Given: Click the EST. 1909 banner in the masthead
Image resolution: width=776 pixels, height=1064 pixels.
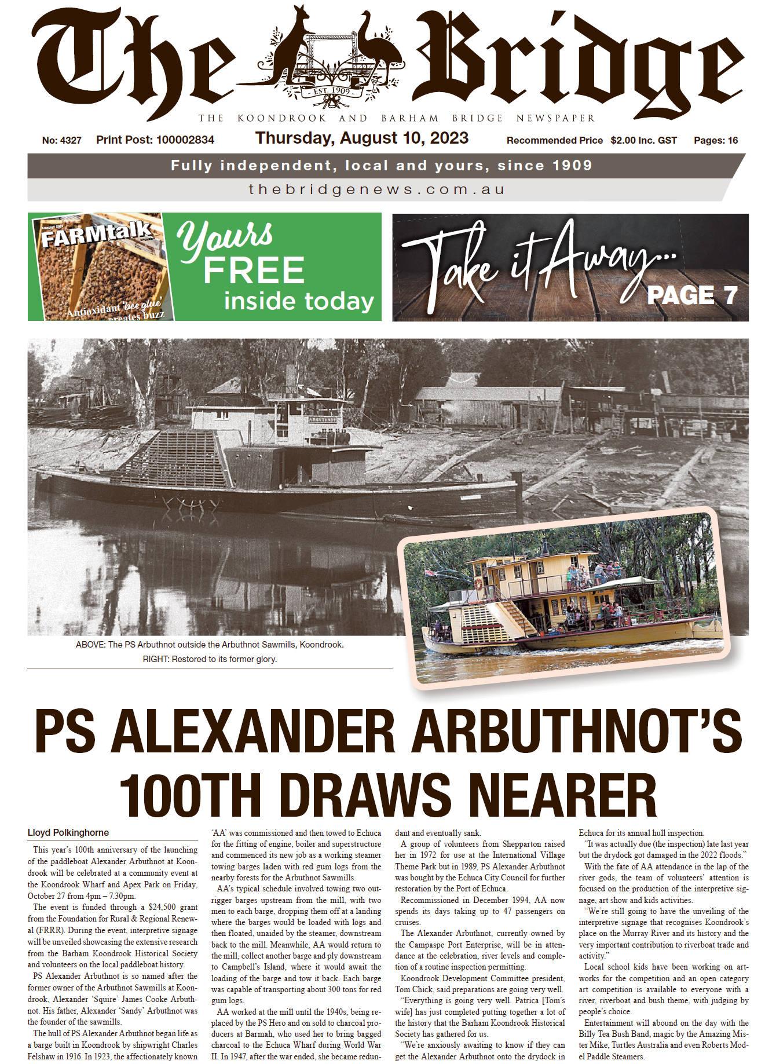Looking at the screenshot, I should pyautogui.click(x=332, y=92).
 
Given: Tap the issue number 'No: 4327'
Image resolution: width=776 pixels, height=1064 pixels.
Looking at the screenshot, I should pyautogui.click(x=62, y=140).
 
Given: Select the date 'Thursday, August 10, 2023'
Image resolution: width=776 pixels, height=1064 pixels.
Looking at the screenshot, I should pyautogui.click(x=362, y=138).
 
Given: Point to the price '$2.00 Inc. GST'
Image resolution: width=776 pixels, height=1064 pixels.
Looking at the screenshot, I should pyautogui.click(x=643, y=140).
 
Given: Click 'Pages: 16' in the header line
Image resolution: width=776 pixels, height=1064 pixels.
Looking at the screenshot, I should pyautogui.click(x=716, y=140).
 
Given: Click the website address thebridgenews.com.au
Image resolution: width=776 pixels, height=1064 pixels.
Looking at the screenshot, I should pyautogui.click(x=376, y=190).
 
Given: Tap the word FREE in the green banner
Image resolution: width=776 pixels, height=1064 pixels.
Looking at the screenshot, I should pyautogui.click(x=254, y=270).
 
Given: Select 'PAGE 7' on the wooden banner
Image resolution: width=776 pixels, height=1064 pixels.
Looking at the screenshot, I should pyautogui.click(x=692, y=295).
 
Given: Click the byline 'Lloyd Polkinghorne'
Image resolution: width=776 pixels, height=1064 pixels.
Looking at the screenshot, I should pyautogui.click(x=68, y=833).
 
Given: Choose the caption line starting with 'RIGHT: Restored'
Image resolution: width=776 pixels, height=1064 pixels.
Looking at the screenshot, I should pyautogui.click(x=210, y=659).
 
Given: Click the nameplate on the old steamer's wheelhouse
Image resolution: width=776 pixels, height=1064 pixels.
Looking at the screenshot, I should pyautogui.click(x=322, y=419).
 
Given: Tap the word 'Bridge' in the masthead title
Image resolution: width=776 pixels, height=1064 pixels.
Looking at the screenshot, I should pyautogui.click(x=579, y=64).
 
